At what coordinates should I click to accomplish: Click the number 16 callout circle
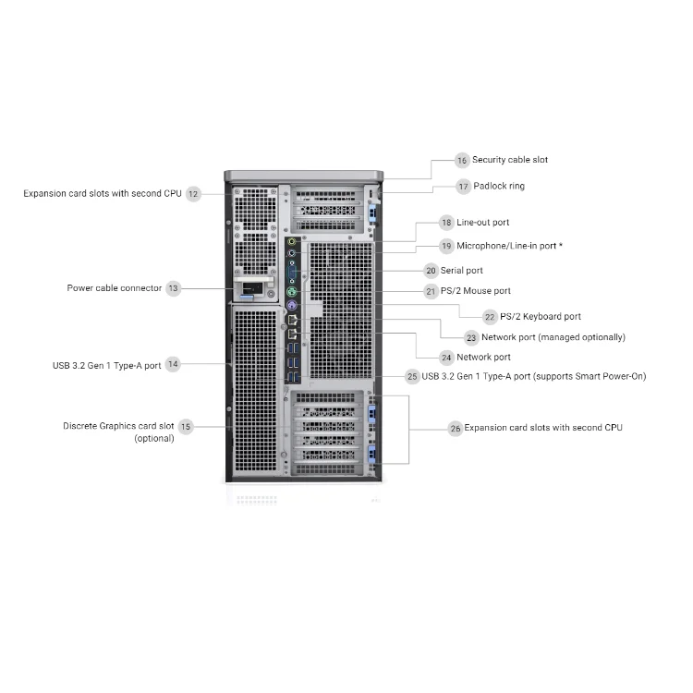pos(462,160)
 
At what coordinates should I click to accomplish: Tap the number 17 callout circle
pos(464,187)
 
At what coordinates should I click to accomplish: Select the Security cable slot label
pos(509,160)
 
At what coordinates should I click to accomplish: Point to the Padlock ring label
pos(499,186)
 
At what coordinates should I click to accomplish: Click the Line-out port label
pos(482,223)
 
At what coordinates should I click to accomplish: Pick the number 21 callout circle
pos(431,292)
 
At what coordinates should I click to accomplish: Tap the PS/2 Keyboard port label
pos(541,317)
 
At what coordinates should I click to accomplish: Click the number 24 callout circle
pos(447,358)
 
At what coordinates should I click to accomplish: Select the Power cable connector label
pos(114,288)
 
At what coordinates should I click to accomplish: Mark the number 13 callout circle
pos(174,288)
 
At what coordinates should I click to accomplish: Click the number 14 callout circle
pos(173,365)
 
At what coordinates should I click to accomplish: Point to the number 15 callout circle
pos(186,427)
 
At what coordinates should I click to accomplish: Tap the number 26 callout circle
pos(455,429)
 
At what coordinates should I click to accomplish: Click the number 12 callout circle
pos(193,194)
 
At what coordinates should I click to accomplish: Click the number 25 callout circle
pos(412,377)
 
